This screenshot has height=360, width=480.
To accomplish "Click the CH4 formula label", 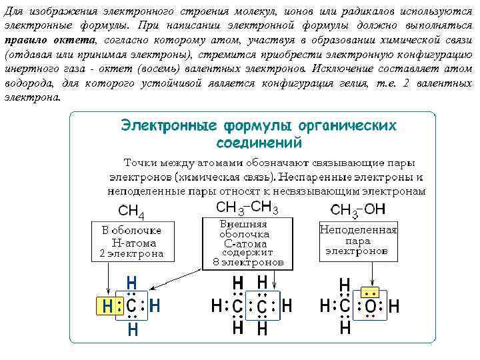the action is [131, 212].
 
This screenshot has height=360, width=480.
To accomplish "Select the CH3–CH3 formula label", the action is [247, 207].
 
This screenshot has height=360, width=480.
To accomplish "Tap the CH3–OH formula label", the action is [359, 210].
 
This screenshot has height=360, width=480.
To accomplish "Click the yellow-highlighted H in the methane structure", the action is [107, 307].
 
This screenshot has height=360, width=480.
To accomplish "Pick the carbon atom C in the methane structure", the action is [131, 307].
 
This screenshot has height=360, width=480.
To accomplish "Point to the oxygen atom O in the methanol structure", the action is [370, 307].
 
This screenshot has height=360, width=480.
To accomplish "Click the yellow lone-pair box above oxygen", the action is [370, 293].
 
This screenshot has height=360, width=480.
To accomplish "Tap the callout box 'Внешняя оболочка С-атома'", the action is [247, 243].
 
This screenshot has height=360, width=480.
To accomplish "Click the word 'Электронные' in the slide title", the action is [169, 125].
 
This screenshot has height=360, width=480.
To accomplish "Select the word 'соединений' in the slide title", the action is [259, 143].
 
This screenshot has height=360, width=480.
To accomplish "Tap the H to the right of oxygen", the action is [394, 307].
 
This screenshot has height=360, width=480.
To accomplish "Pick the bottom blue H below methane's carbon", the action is [132, 329].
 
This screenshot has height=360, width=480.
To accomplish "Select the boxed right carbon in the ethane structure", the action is [262, 307].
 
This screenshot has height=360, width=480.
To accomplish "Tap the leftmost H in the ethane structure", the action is [217, 307].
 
